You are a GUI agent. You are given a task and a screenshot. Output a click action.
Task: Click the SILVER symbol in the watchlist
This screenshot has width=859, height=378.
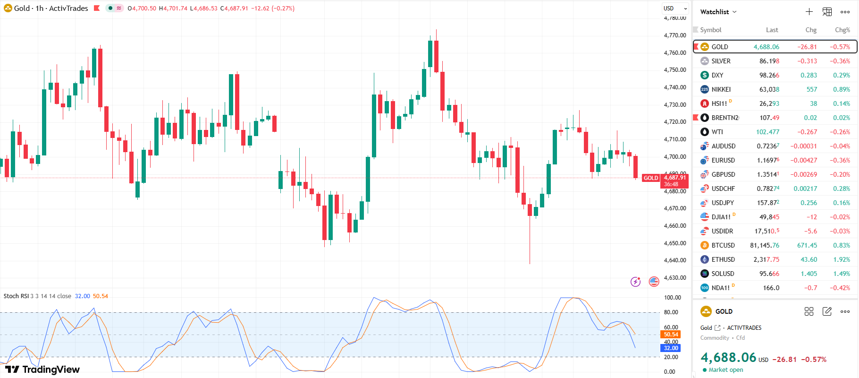pos(721,61)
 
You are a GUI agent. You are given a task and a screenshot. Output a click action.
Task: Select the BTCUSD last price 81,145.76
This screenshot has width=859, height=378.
pos(765,245)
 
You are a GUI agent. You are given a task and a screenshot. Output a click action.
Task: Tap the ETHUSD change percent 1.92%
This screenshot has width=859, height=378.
pos(842,259)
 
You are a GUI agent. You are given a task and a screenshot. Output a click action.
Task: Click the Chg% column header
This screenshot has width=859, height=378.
pos(842,30)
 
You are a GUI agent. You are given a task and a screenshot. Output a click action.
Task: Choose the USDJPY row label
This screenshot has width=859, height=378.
pos(723,203)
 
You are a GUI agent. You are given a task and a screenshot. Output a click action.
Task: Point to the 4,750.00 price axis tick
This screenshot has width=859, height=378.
pos(675,70)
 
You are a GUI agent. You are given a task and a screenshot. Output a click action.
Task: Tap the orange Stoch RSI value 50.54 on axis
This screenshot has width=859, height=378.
pos(671,335)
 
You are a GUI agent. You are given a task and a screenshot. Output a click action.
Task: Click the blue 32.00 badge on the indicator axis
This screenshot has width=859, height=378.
pos(671,348)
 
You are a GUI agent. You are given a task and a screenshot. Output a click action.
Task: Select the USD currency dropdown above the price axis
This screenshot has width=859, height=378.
pos(675,9)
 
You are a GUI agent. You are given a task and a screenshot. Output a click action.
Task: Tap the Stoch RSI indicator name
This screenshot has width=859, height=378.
pos(16,296)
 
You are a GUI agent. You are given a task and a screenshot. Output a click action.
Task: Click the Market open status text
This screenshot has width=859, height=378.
pos(725,370)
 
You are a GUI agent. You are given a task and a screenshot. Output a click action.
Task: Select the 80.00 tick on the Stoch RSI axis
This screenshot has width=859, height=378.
pos(671,312)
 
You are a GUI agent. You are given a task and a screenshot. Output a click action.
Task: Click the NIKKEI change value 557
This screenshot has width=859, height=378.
pos(812,89)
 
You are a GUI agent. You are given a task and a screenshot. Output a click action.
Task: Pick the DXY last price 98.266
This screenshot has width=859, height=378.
pos(769,75)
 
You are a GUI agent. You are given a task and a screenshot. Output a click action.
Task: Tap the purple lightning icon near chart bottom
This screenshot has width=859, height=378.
pos(636,282)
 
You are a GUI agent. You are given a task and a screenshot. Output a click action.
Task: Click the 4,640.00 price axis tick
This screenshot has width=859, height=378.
pos(675,260)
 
